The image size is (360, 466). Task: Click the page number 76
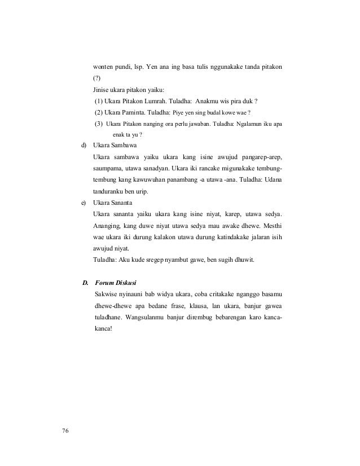click(65, 432)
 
